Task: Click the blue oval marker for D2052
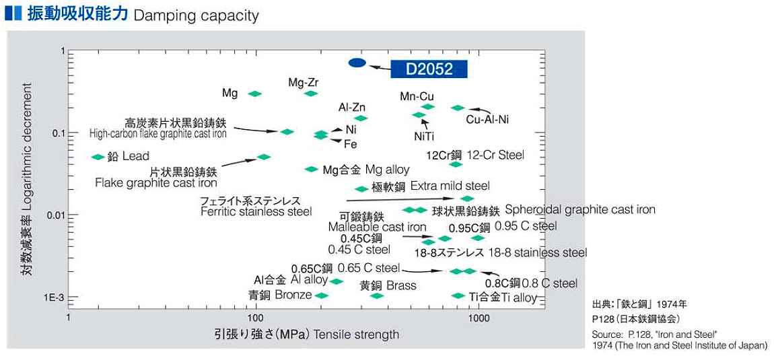(357, 63)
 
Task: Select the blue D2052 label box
(429, 69)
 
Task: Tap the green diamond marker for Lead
(98, 157)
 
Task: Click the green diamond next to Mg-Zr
(310, 94)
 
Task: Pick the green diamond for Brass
(377, 296)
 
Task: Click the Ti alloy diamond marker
(458, 296)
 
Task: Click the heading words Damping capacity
(196, 15)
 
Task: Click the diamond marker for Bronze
(321, 296)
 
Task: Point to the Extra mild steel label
(450, 186)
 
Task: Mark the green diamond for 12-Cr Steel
(456, 164)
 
